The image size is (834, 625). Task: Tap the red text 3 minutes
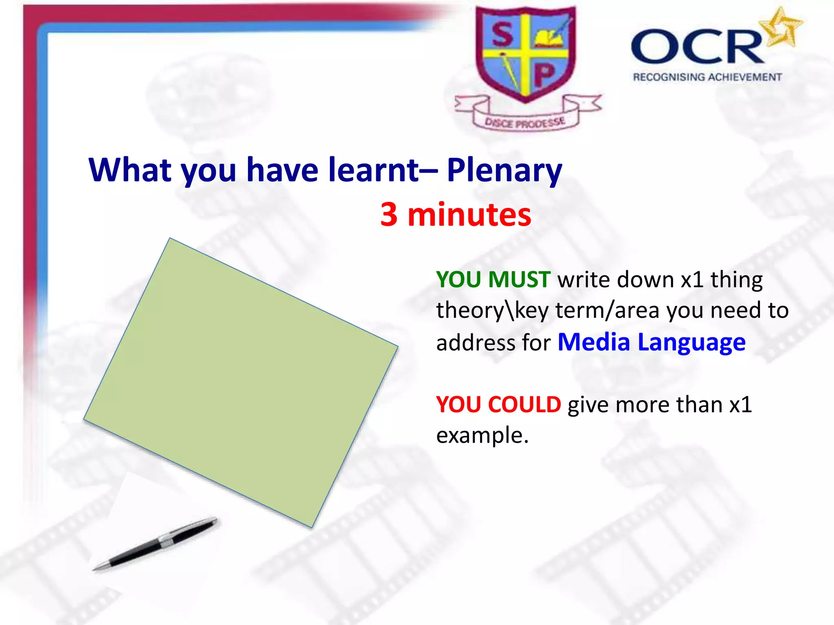(x=455, y=215)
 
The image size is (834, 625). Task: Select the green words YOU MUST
(x=493, y=280)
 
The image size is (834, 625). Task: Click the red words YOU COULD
(x=498, y=405)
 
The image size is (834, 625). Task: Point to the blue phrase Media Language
(x=651, y=342)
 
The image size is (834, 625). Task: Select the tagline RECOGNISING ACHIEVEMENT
(x=707, y=77)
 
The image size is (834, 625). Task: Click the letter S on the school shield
(x=503, y=35)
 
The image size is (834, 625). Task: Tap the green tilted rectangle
(x=240, y=382)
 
